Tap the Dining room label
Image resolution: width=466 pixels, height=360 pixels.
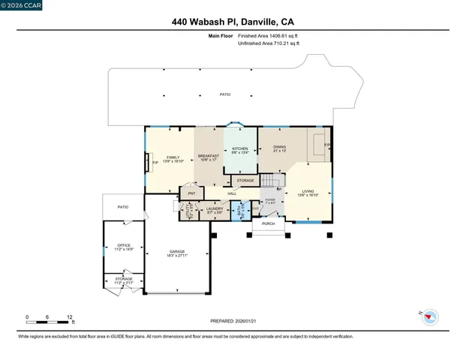click(x=279, y=148)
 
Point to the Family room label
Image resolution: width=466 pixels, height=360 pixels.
click(x=173, y=157)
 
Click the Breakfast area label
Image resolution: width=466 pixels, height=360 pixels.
click(x=208, y=157)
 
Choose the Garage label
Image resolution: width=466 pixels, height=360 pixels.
click(x=177, y=252)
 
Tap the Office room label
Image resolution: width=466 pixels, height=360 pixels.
click(x=124, y=246)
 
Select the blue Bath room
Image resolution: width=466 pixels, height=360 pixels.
click(x=239, y=211)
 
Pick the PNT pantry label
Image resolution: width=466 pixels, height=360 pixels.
click(x=191, y=193)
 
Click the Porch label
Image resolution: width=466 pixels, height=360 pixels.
click(x=268, y=223)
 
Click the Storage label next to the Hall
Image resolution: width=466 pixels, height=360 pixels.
click(x=245, y=181)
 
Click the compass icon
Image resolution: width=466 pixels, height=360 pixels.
click(x=428, y=316)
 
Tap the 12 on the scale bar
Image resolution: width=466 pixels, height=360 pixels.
click(x=69, y=317)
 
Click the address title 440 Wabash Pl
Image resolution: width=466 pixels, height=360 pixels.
click(x=233, y=22)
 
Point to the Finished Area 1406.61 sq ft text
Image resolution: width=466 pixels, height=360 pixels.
click(x=268, y=36)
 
